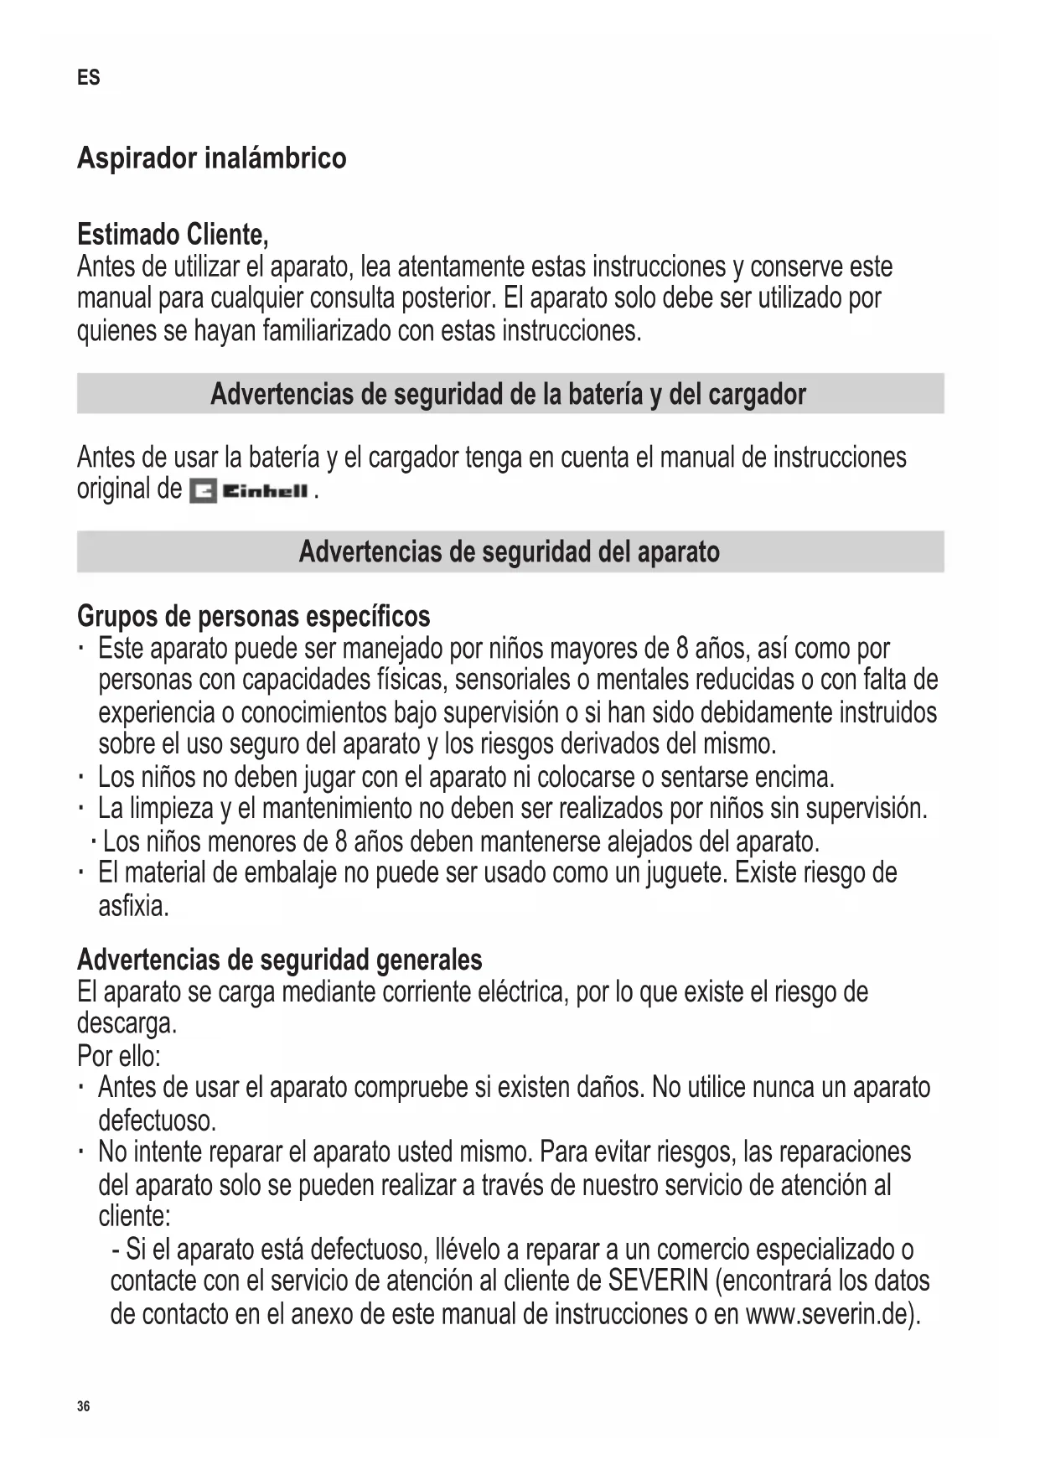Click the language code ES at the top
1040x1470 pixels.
(88, 78)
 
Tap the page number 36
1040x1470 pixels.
(83, 1406)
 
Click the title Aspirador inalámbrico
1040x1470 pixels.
(211, 158)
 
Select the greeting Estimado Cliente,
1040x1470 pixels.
(173, 234)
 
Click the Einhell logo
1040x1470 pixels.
(249, 491)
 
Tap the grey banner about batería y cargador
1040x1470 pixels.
(510, 394)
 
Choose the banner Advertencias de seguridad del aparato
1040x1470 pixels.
(510, 551)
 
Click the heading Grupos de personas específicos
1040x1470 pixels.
(253, 616)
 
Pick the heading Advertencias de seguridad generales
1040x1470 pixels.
(279, 959)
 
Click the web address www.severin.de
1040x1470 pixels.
(826, 1313)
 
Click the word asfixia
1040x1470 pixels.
(133, 906)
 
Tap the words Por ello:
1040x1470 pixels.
(119, 1054)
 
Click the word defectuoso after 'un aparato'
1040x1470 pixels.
(157, 1120)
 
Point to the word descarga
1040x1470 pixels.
(127, 1023)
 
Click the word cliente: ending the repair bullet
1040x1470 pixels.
(134, 1216)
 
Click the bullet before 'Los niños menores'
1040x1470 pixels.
(92, 841)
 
